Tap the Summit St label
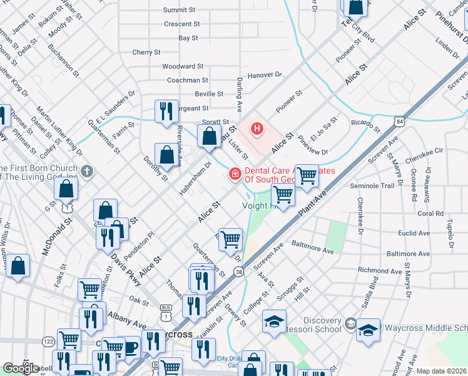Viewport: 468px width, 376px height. click(180, 10)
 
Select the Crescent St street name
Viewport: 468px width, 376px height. click(181, 24)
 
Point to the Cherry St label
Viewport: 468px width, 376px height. click(147, 53)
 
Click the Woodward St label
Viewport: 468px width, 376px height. click(183, 66)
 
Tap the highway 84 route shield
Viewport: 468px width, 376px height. click(400, 120)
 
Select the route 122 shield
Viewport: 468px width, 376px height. click(48, 340)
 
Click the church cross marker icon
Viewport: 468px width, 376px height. click(87, 171)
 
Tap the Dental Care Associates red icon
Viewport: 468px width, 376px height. click(235, 173)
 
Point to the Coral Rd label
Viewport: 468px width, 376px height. click(430, 214)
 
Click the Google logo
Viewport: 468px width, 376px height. click(21, 368)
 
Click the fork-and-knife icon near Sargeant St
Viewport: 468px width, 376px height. click(166, 111)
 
